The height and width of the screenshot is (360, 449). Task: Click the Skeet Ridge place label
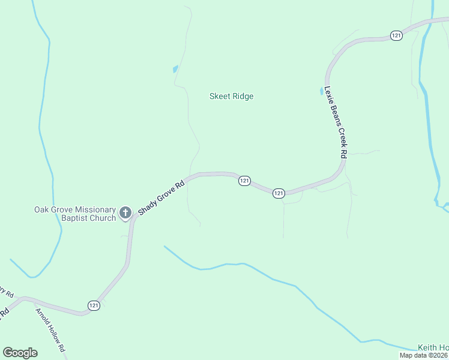click(x=231, y=96)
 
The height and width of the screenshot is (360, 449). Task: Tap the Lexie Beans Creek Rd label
click(x=336, y=122)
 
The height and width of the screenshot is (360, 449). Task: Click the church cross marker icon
click(x=125, y=212)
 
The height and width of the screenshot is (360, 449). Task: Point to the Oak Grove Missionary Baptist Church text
click(x=74, y=214)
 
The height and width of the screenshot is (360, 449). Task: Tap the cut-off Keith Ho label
click(x=433, y=348)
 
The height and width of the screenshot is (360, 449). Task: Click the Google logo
click(x=20, y=352)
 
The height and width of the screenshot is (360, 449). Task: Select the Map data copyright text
click(x=424, y=355)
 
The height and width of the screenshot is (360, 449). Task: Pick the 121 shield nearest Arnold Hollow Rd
click(x=93, y=305)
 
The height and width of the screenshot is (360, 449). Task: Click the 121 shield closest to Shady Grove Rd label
click(x=244, y=181)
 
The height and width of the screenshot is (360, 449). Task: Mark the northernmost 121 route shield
click(x=396, y=36)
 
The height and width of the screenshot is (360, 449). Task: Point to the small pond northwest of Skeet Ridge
click(x=175, y=69)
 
